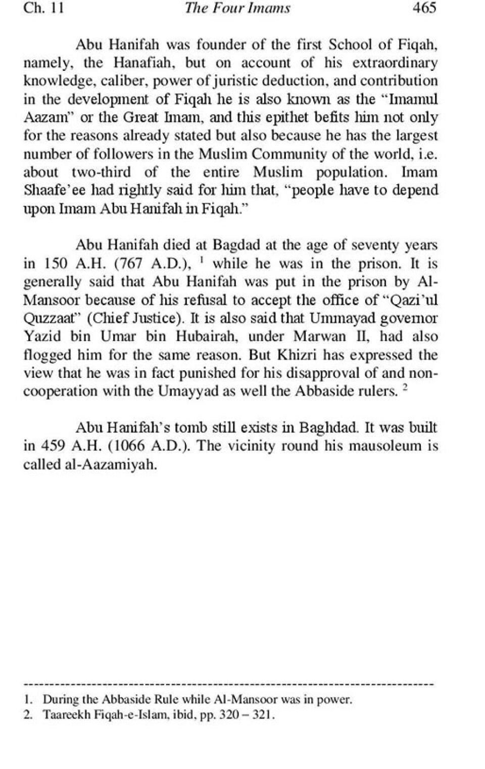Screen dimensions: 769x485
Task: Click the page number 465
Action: [x=424, y=8]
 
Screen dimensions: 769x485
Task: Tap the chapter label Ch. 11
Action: [x=43, y=8]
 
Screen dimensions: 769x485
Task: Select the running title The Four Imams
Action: [x=237, y=8]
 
